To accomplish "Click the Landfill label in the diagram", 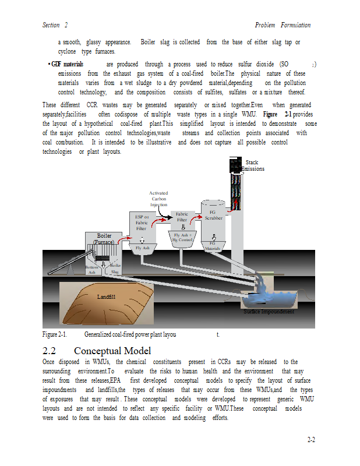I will tap(106, 297).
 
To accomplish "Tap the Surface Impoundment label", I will tap(269, 312).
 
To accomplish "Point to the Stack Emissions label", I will tap(252, 165).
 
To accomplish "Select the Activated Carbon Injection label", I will tap(158, 199).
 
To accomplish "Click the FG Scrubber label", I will tap(213, 215).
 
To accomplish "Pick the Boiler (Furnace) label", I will tap(104, 239).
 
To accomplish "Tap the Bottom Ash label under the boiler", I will tap(91, 269).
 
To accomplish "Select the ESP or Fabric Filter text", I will tap(142, 223).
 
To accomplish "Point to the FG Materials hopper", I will tap(213, 245).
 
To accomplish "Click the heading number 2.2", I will tap(49, 351).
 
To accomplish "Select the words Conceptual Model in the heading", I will tap(112, 351).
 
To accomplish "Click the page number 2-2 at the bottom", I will tap(311, 440).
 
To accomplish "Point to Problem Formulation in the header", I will tap(283, 25).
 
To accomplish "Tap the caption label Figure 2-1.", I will tap(54, 334).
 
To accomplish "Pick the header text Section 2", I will tap(55, 25).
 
